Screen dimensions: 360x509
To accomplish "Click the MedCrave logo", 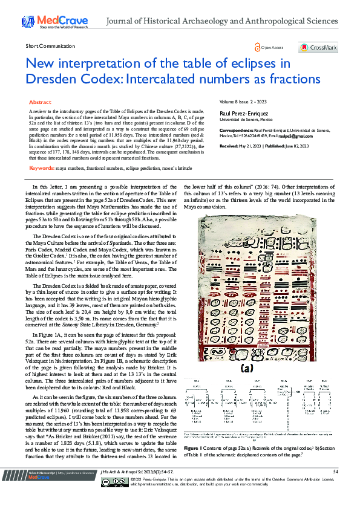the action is coord(55,22).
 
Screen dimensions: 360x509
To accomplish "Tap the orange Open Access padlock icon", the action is coord(258,47).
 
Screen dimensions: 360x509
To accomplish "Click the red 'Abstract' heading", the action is coord(40,103).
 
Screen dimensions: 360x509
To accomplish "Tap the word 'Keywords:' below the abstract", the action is coord(42,151).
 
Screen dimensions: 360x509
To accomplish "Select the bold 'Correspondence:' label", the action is coord(235,130).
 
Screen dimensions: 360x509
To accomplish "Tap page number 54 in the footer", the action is coord(335,488).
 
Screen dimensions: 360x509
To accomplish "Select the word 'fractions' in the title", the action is coord(295,79).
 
